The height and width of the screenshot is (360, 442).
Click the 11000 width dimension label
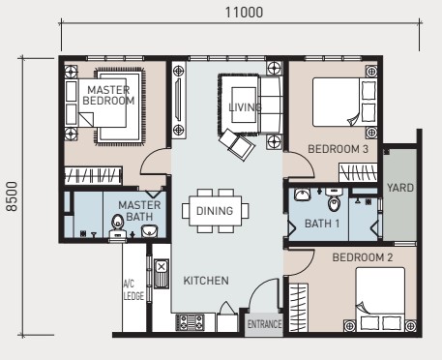coord(244,13)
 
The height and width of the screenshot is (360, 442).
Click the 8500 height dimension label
coord(12,196)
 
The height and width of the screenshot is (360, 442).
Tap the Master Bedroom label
coord(108,95)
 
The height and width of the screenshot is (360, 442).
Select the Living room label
coord(245,107)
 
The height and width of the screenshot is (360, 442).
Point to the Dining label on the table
coord(215,211)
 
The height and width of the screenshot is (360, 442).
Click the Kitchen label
coord(206,281)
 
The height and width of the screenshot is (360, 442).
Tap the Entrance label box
coord(264,324)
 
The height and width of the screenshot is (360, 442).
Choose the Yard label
coord(400,188)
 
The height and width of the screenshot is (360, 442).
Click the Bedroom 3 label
coord(338,149)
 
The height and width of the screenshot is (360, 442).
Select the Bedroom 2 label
coord(363,257)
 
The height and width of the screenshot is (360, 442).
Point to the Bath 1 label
coord(322,224)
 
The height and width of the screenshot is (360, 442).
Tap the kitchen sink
coord(162,274)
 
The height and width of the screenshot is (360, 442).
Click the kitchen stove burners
coord(191,322)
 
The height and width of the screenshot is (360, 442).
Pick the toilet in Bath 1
coord(334,199)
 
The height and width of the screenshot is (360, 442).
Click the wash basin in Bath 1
coord(302,195)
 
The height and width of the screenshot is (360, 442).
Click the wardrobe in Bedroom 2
coord(298,308)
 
